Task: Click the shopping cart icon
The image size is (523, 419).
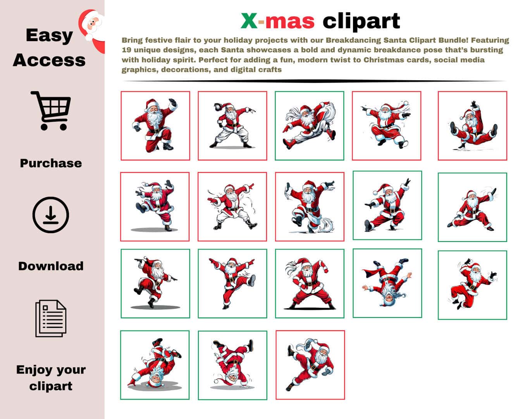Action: pos(51,111)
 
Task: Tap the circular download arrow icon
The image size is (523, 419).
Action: pos(50,215)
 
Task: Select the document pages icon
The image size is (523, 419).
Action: pos(51,319)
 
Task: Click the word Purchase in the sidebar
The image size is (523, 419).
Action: pos(51,163)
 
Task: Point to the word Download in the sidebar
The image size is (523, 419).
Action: pos(51,266)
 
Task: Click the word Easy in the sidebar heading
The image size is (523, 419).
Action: pos(49,36)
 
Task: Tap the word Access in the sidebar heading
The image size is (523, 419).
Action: pos(49,60)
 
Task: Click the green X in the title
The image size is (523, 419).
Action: pos(249,21)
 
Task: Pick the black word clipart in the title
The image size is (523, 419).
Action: pos(361,21)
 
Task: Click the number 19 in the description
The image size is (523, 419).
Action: pos(126,50)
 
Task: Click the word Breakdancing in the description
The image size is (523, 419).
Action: pos(353,40)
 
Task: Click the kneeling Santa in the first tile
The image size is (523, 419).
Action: pos(155,125)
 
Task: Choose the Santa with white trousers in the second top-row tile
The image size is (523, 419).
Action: pos(232,125)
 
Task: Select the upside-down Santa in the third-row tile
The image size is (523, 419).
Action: pos(387,282)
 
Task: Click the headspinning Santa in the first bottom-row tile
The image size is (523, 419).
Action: pos(155,363)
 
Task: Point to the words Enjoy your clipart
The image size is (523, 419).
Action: pos(51,377)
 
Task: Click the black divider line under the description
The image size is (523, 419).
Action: pos(314,81)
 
